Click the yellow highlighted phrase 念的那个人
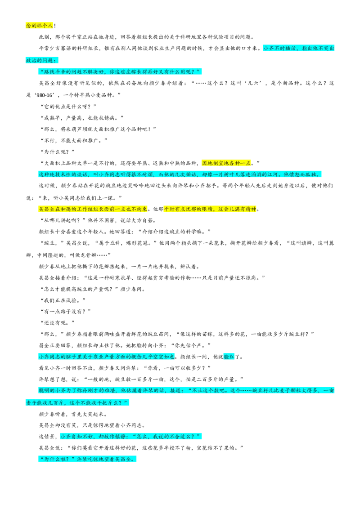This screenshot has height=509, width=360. coord(39,25)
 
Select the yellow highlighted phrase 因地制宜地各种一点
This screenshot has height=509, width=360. coord(226,163)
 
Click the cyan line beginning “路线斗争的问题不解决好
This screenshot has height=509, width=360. coord(120,71)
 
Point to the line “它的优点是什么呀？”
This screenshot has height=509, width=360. coord(68,107)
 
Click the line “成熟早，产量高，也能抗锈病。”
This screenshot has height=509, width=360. coord(82,118)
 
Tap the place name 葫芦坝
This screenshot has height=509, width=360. coord(85,129)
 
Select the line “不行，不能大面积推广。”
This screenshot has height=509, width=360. coord(73,141)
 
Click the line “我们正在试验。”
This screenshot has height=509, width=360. coord(63,300)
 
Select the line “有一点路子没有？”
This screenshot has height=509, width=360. coord(65,312)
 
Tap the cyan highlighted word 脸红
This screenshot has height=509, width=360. coord(229,357)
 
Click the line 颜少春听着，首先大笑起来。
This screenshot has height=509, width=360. coord(73,414)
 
